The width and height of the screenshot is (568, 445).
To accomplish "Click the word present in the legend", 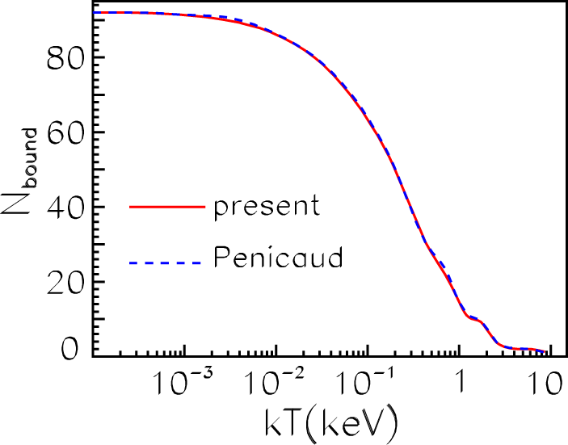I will pyautogui.click(x=267, y=207).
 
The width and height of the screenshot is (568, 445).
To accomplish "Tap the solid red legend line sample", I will pyautogui.click(x=164, y=208).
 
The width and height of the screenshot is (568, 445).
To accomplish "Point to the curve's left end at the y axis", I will pyautogui.click(x=95, y=13).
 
